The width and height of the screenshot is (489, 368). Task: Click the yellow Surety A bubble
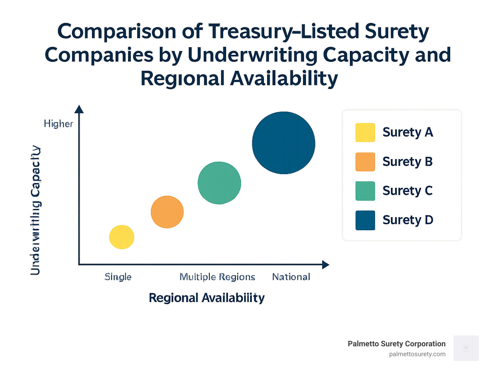coord(122,237)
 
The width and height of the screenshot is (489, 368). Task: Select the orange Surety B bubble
coord(167,212)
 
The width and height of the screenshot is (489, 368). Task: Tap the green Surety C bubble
coord(219,183)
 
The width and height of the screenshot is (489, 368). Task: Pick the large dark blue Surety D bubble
coord(283,143)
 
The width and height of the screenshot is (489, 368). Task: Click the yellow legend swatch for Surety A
coord(365,132)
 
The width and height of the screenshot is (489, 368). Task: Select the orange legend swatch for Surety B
coord(365,162)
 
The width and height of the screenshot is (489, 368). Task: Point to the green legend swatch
coord(365,191)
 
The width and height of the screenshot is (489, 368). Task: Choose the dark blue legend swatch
coord(365,220)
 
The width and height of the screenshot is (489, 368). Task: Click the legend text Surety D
coord(408,220)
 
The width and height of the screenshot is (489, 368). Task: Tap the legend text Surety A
coord(408,132)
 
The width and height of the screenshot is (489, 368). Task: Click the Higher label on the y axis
coord(58,124)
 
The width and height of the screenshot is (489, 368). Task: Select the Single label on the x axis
coord(118,277)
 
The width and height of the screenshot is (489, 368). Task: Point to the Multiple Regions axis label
coord(217,277)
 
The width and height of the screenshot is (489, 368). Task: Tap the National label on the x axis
coord(291,277)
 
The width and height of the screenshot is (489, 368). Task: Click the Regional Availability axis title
coord(207,298)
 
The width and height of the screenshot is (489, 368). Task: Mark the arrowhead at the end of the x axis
coord(325,265)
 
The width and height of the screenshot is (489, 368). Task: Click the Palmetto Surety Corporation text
coord(396,344)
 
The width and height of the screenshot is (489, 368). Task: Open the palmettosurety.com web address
coord(417,354)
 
